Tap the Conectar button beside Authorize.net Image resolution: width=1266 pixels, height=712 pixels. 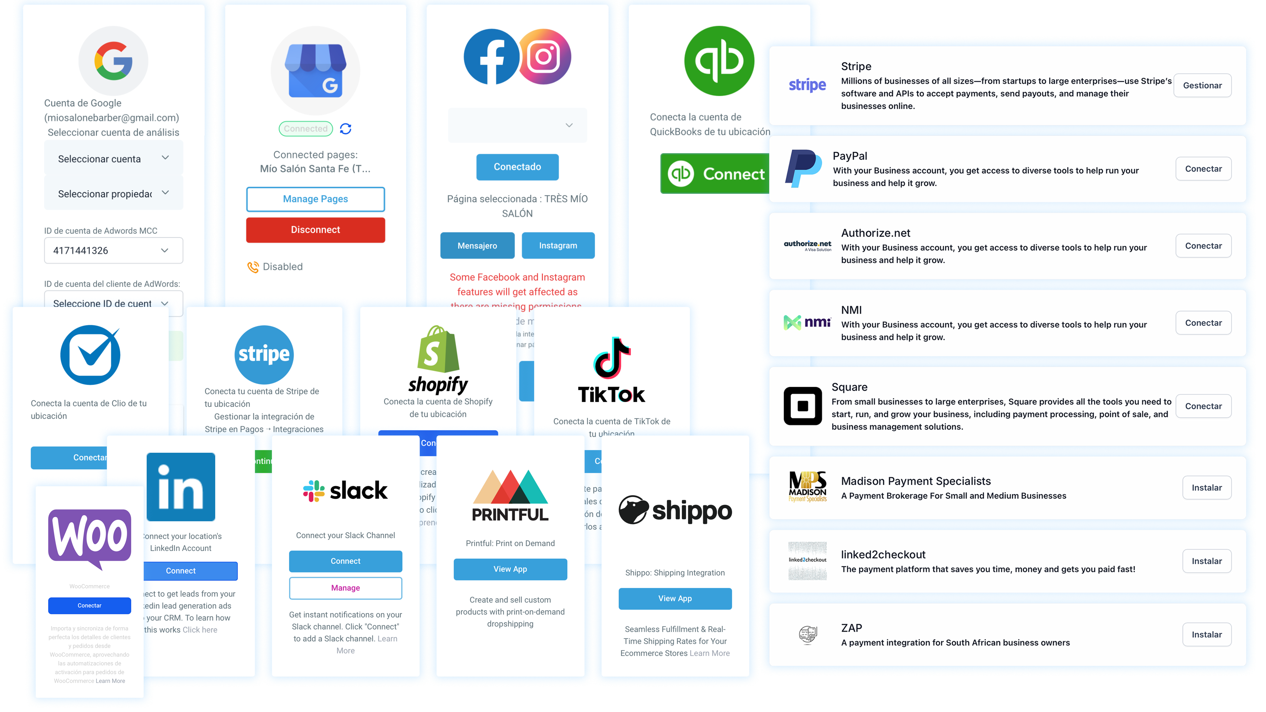(1203, 246)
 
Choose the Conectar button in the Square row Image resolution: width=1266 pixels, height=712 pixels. (1203, 406)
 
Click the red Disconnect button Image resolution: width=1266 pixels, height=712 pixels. (315, 230)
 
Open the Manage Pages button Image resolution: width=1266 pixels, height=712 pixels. (315, 199)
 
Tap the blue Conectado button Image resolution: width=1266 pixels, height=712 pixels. (517, 167)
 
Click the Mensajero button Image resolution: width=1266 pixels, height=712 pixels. (477, 246)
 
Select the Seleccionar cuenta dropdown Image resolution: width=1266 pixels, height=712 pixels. (113, 159)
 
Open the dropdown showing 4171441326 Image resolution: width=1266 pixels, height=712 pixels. (113, 251)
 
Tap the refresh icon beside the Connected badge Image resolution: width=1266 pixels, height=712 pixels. (346, 129)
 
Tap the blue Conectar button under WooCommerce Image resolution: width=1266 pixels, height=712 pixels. (89, 606)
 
